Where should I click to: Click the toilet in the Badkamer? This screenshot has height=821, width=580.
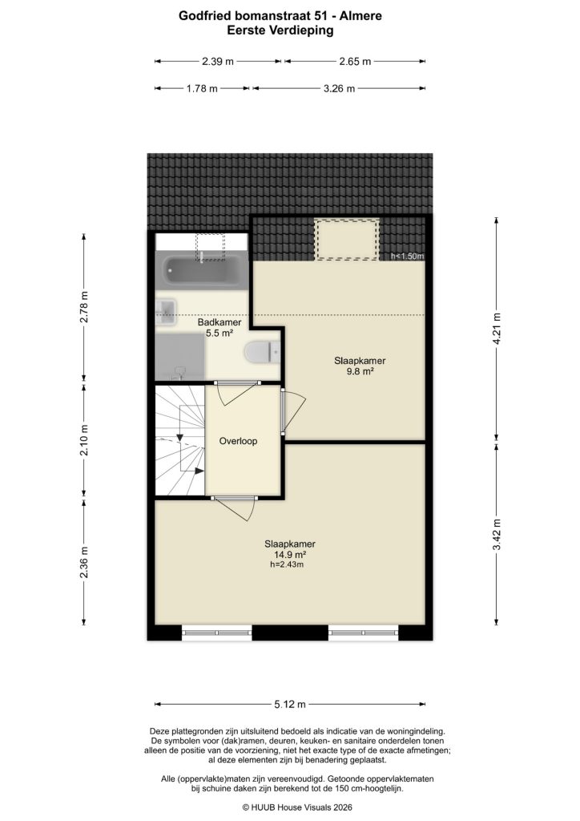(261, 351)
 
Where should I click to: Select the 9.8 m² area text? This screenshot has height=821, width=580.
(354, 371)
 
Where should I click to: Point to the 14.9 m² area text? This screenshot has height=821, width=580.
(287, 554)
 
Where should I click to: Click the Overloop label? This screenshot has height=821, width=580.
(238, 440)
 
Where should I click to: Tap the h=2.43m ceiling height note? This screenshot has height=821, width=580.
(287, 564)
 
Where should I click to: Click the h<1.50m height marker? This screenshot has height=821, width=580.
(407, 257)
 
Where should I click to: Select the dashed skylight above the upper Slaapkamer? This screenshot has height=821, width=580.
(346, 239)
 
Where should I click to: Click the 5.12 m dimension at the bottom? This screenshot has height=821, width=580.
(290, 705)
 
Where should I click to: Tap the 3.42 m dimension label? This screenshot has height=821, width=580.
(497, 532)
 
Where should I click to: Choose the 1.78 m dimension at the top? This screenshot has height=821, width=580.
(202, 89)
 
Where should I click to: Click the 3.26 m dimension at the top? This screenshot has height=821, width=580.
(339, 89)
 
